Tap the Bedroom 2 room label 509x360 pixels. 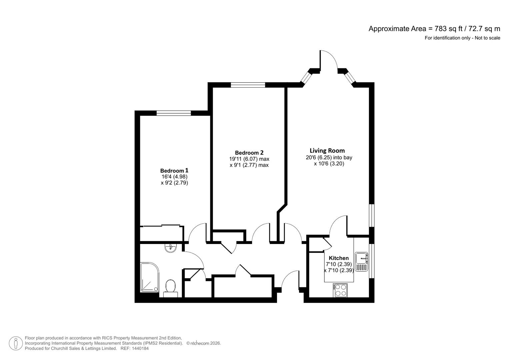(x=249, y=153)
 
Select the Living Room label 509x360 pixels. (x=327, y=151)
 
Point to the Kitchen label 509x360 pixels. (x=339, y=258)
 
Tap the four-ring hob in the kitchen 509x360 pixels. (x=340, y=290)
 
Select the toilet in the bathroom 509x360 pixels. (x=170, y=288)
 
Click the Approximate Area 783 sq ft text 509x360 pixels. (x=434, y=29)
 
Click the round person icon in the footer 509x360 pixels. (x=16, y=343)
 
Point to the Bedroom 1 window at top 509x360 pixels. (x=174, y=113)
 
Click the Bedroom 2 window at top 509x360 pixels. (x=248, y=85)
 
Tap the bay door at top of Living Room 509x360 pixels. (x=329, y=60)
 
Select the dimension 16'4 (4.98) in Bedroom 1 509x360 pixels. (x=174, y=177)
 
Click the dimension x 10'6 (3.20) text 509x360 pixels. (x=329, y=164)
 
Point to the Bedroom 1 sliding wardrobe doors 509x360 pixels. (x=162, y=226)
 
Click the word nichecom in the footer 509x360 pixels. (x=200, y=343)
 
